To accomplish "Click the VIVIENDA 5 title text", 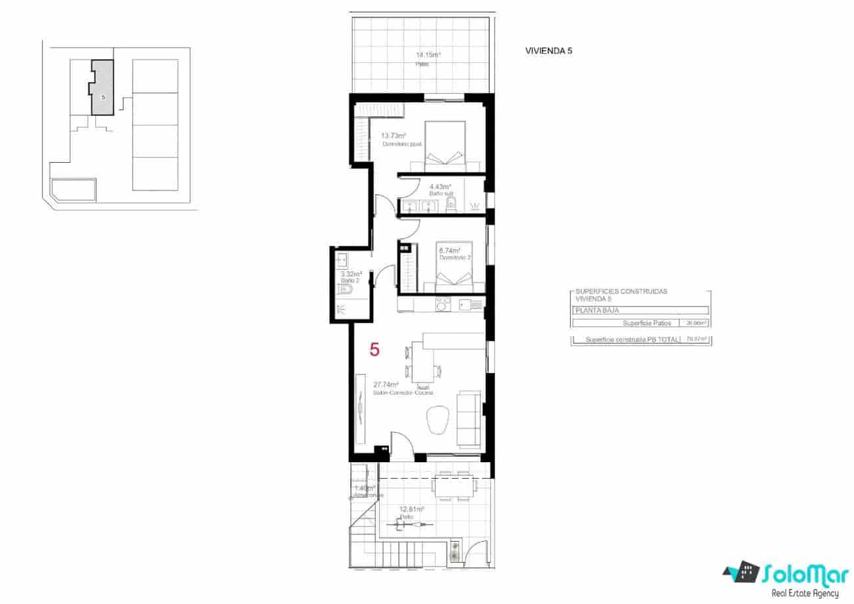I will coord(549,51).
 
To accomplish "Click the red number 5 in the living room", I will coord(374,349).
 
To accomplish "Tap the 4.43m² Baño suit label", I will coord(440,186).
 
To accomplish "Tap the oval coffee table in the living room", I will coord(436,420).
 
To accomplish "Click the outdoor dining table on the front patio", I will coord(453,486).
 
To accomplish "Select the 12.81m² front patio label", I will coord(412,509).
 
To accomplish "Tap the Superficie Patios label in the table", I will coord(646,323).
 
